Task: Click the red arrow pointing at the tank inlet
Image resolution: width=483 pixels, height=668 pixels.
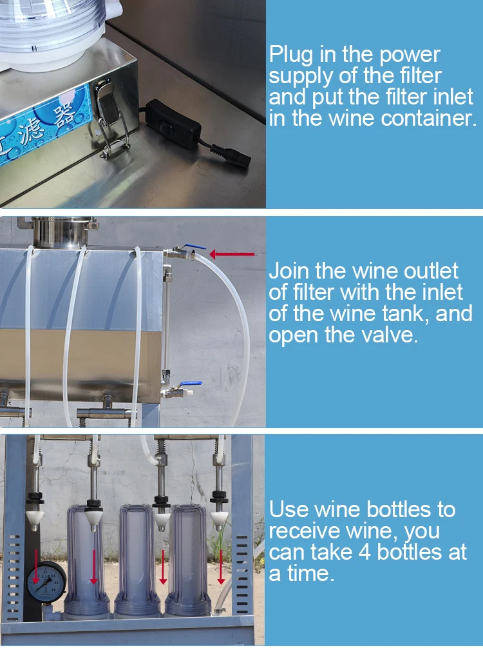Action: pyautogui.click(x=232, y=255)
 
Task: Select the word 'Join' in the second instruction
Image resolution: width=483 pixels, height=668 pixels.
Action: pyautogui.click(x=291, y=271)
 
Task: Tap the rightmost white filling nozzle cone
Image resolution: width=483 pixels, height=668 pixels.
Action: pyautogui.click(x=219, y=515)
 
